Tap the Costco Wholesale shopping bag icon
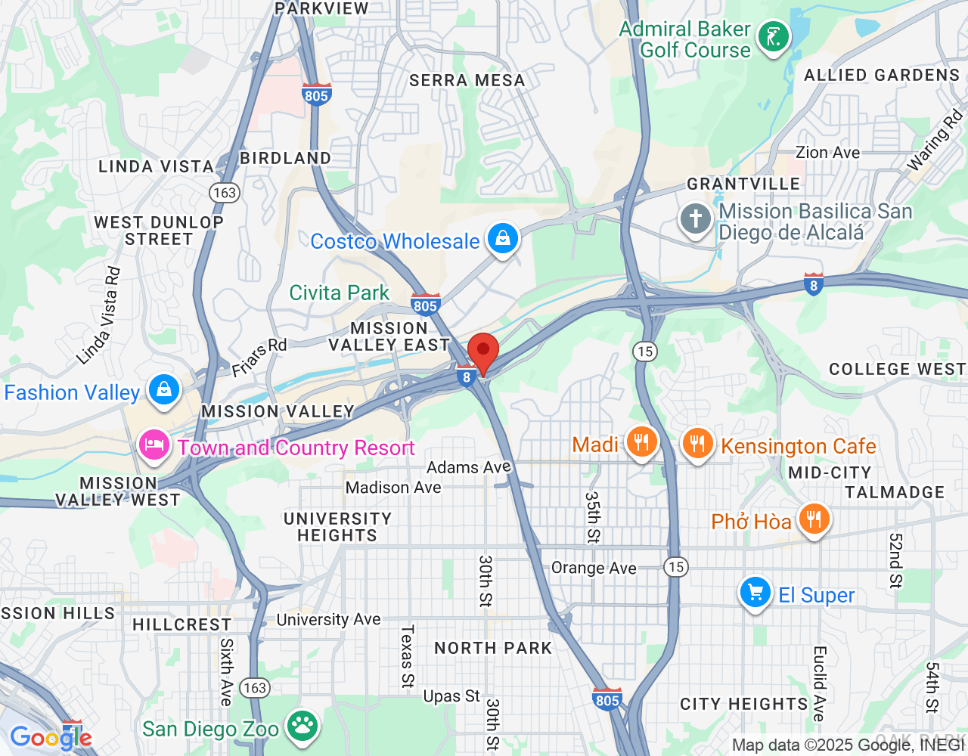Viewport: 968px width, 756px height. click(x=502, y=240)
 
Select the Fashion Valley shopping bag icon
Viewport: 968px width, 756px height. click(x=163, y=391)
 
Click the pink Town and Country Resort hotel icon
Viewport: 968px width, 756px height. click(x=154, y=446)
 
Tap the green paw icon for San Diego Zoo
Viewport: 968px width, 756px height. click(x=303, y=727)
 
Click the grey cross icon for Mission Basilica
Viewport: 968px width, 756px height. click(x=695, y=219)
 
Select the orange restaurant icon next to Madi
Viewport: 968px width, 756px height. click(x=641, y=443)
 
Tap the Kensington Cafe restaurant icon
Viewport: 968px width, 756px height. click(x=697, y=444)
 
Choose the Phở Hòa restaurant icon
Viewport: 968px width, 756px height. click(x=813, y=520)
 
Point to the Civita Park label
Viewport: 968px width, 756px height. click(x=339, y=293)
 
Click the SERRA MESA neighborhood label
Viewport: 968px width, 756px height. click(x=467, y=80)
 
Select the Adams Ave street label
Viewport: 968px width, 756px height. click(x=469, y=467)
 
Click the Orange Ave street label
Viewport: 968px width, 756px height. click(x=594, y=568)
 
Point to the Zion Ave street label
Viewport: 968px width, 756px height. click(x=827, y=153)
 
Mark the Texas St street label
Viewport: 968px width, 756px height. click(x=408, y=655)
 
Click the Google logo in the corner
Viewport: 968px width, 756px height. click(x=51, y=737)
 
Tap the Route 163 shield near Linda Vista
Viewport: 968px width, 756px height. click(x=225, y=193)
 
